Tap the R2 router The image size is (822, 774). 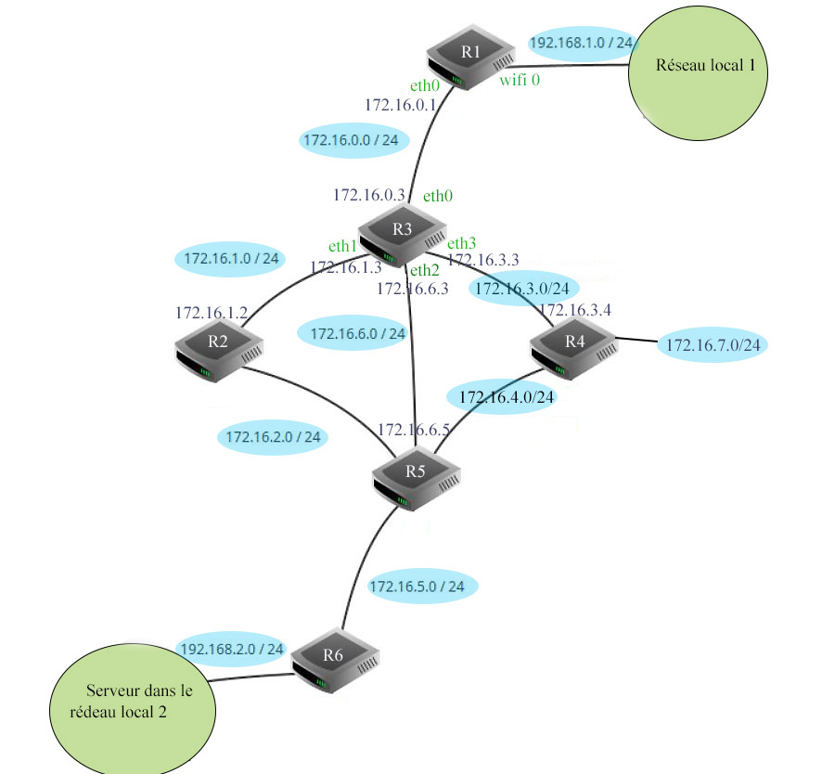pyautogui.click(x=219, y=348)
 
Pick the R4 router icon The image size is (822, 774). pyautogui.click(x=573, y=348)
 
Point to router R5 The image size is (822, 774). pyautogui.click(x=416, y=477)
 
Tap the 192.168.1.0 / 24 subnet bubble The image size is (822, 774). pyautogui.click(x=581, y=43)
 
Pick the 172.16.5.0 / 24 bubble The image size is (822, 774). pyautogui.click(x=422, y=587)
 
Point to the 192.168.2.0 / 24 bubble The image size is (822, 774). pyautogui.click(x=231, y=649)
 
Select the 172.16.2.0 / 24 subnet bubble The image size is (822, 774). pyautogui.click(x=272, y=436)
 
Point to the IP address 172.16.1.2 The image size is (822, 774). pyautogui.click(x=212, y=314)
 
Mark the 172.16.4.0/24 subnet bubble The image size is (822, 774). pyautogui.click(x=507, y=397)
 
